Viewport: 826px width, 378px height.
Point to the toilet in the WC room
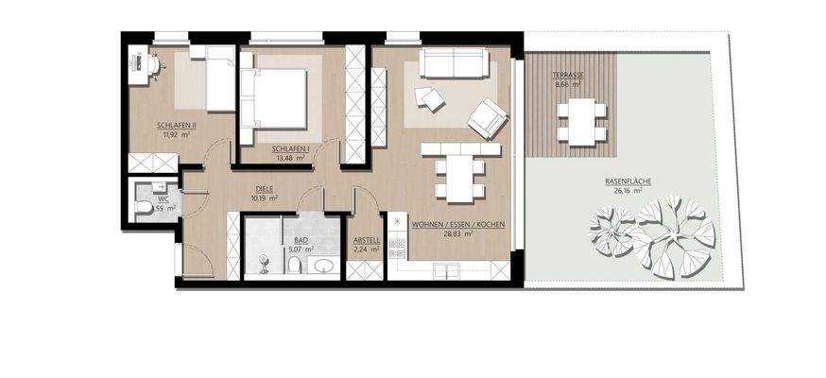point(143,207)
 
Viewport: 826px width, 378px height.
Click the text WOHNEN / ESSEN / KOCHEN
point(457,225)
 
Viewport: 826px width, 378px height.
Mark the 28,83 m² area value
point(457,235)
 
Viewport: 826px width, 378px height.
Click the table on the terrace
point(581,121)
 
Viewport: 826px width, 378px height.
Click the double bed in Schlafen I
point(277,95)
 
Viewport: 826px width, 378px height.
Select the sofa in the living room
point(454,62)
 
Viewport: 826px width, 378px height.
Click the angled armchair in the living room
point(486,117)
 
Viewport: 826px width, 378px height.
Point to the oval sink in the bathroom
point(323,266)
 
